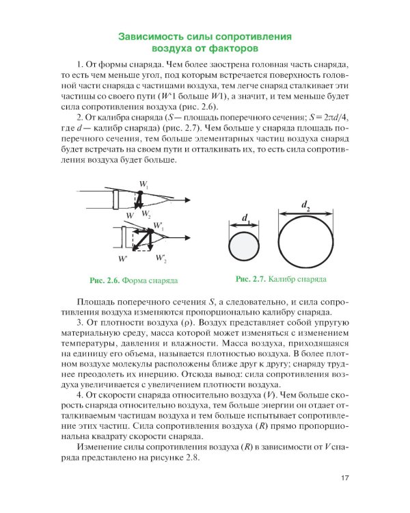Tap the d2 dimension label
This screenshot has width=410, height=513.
(305, 203)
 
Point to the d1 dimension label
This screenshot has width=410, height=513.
(245, 218)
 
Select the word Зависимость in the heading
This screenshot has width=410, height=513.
(153, 36)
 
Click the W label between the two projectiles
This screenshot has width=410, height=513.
(129, 215)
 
